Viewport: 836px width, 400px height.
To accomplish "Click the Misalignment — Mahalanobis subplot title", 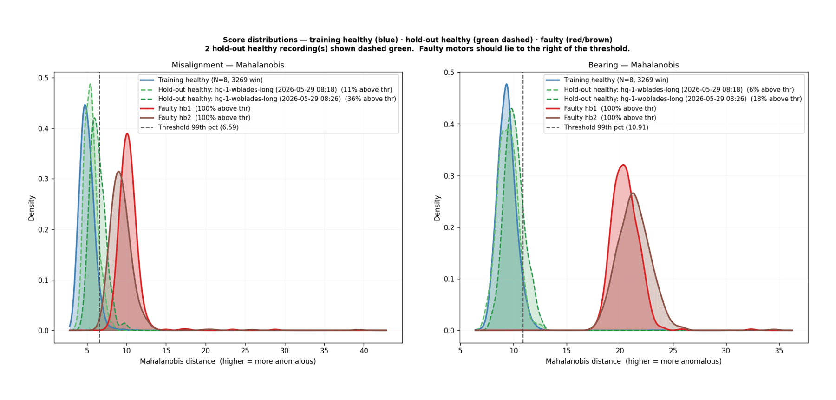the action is tap(228, 65).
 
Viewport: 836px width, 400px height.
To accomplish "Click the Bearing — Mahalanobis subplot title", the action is tap(634, 65).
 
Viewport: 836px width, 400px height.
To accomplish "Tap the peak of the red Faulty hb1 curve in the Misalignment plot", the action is tap(127, 134).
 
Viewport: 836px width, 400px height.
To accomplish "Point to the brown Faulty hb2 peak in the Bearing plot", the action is tap(633, 193).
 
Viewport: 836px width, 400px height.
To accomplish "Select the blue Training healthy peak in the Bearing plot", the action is tap(507, 84).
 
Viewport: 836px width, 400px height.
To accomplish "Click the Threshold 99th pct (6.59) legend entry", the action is tap(189, 127).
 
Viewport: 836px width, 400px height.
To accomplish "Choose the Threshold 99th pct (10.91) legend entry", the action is tap(597, 127).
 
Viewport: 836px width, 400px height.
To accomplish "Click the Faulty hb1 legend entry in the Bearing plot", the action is tap(601, 108).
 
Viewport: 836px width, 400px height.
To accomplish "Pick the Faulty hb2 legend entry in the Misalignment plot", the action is tap(195, 118).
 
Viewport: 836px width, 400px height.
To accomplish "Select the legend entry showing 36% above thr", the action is tap(268, 99).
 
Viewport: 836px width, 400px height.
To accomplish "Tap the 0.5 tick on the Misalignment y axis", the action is tap(44, 78).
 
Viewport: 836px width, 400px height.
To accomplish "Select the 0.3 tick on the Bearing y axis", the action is tap(449, 176).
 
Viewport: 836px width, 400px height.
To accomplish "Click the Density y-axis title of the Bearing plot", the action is tap(437, 208).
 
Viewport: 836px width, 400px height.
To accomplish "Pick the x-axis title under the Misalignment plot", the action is tap(228, 361).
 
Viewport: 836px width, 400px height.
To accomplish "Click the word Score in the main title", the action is tap(233, 40).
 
